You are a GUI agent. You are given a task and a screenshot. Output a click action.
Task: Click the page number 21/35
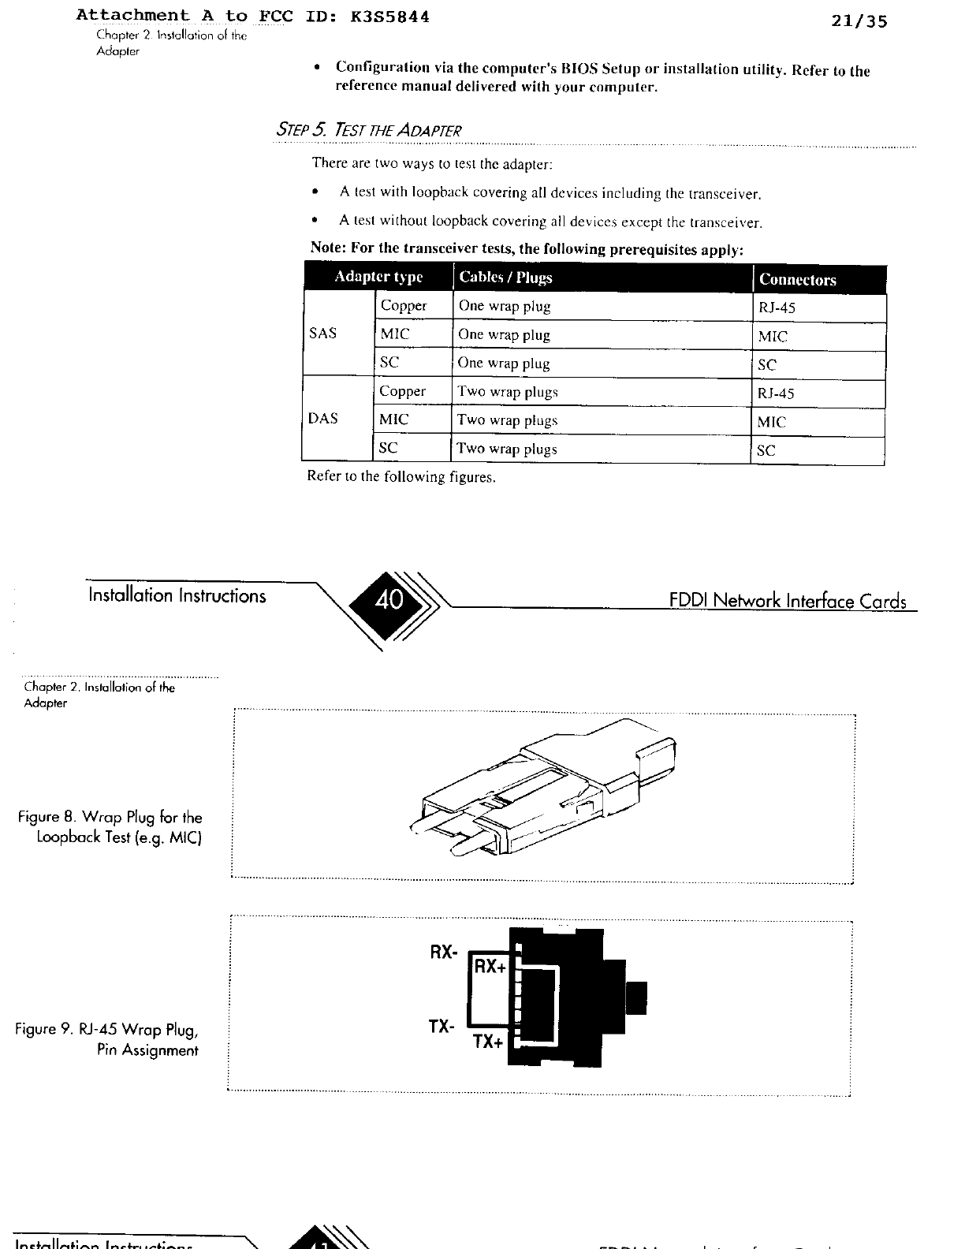(859, 21)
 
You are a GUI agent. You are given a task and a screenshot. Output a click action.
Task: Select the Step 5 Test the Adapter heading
(367, 129)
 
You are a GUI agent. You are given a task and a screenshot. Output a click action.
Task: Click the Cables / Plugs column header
(505, 278)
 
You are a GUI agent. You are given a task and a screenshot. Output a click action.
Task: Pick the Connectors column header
(797, 279)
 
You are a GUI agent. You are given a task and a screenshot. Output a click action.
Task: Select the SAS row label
(322, 333)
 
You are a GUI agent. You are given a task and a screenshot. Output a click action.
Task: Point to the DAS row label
(322, 419)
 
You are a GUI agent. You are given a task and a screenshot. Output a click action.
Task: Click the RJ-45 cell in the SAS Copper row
(777, 308)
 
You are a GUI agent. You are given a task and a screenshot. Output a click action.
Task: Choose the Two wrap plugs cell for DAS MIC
(508, 420)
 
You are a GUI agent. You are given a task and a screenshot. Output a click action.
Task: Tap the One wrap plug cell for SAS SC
(504, 364)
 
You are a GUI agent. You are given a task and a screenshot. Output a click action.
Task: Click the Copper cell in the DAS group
(402, 391)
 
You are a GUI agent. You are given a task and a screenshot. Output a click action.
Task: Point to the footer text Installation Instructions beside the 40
(177, 595)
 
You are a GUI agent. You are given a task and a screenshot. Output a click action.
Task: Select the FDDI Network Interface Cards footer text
(788, 601)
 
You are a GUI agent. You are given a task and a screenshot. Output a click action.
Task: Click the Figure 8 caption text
(111, 827)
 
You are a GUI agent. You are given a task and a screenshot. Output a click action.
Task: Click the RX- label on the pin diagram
(443, 952)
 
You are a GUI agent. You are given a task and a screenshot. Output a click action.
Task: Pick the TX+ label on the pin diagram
(488, 1042)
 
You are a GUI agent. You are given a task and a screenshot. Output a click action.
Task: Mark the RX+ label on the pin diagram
(490, 966)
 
